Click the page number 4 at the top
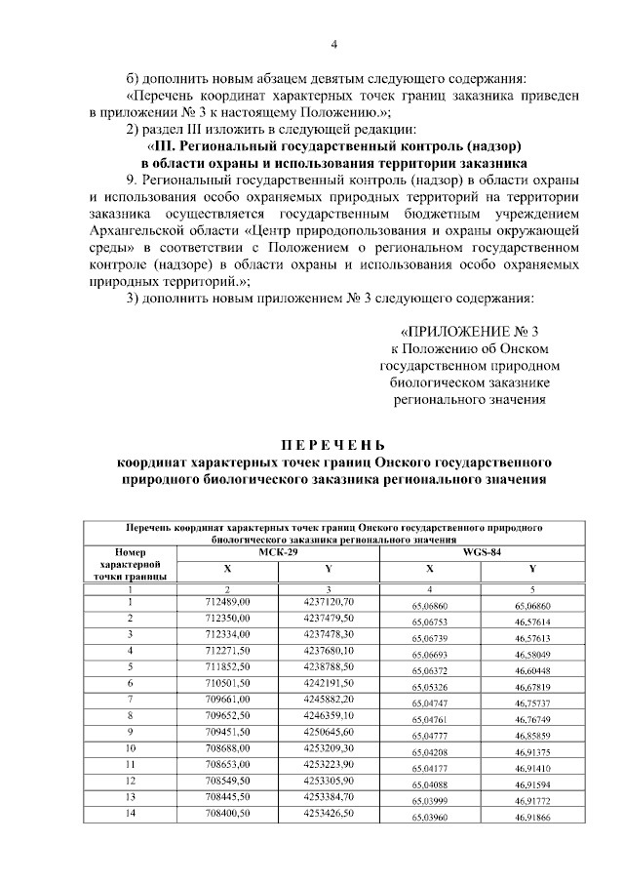coord(333,44)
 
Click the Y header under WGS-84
coord(532,569)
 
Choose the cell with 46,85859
coord(532,735)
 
